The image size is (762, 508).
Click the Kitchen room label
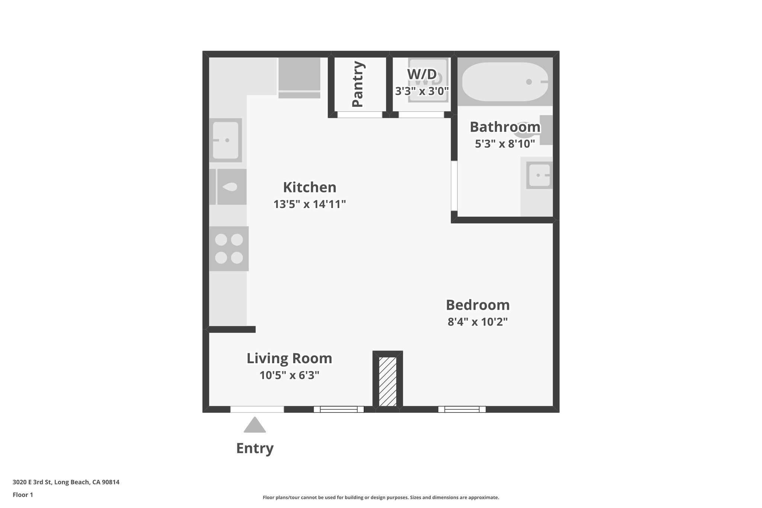(x=310, y=187)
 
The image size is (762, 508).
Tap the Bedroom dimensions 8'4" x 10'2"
(x=478, y=322)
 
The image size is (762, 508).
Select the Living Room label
(x=289, y=358)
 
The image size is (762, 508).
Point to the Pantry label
(x=358, y=84)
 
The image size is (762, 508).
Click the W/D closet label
(x=422, y=74)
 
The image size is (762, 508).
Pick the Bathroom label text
(x=505, y=127)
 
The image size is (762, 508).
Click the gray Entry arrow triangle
(x=255, y=425)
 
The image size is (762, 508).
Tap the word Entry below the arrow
(x=255, y=448)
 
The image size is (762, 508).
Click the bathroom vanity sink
(x=539, y=175)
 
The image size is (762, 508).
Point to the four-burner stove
(x=229, y=249)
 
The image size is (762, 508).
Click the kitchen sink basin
(x=225, y=140)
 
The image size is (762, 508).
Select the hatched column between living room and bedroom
(x=388, y=381)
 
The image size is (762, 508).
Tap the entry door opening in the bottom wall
(x=257, y=409)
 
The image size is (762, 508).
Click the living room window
(x=339, y=409)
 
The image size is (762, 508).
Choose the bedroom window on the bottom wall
(x=462, y=409)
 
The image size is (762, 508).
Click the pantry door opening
(x=360, y=115)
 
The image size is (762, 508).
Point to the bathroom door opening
(x=454, y=186)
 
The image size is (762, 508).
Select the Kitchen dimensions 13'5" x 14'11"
(x=310, y=204)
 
